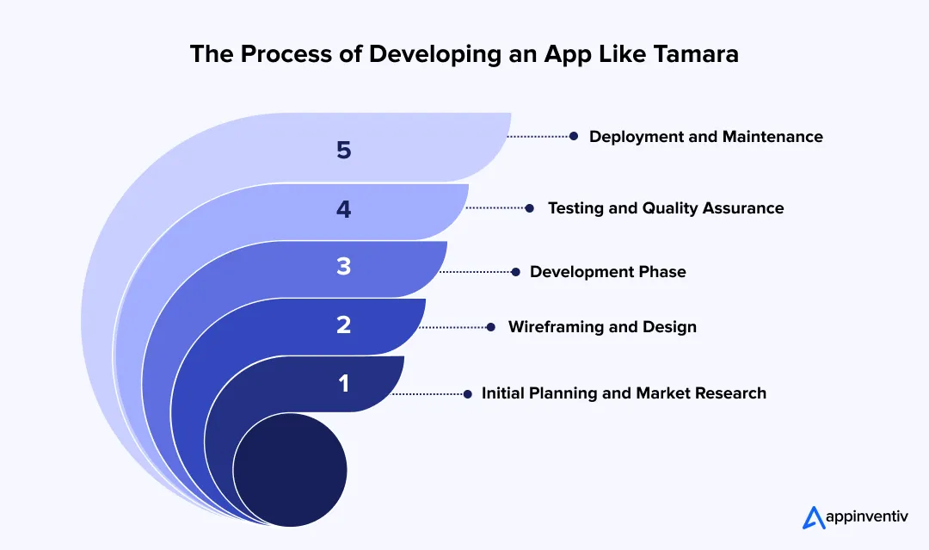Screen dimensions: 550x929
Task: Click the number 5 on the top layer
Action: pyautogui.click(x=344, y=151)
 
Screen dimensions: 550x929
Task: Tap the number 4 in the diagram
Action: pyautogui.click(x=344, y=209)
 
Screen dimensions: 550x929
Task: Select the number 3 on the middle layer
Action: pyautogui.click(x=344, y=267)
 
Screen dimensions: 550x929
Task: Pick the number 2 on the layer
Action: pyautogui.click(x=344, y=325)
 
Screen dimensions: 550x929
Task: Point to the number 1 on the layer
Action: pyautogui.click(x=344, y=383)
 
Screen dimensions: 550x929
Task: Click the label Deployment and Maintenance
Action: pyautogui.click(x=705, y=137)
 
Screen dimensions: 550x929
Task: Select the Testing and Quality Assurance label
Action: pyautogui.click(x=666, y=208)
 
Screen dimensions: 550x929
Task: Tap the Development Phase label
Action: pyautogui.click(x=607, y=272)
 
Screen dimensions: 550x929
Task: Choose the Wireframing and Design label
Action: pyautogui.click(x=602, y=327)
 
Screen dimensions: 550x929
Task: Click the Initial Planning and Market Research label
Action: pyautogui.click(x=624, y=393)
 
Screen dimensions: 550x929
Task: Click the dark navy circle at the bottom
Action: pyautogui.click(x=290, y=471)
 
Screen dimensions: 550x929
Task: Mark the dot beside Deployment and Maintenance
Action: pyautogui.click(x=574, y=136)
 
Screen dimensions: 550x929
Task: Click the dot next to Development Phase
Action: pyautogui.click(x=515, y=272)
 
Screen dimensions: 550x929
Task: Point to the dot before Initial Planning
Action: pyautogui.click(x=467, y=393)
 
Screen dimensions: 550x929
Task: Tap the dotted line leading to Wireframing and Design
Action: pyautogui.click(x=454, y=327)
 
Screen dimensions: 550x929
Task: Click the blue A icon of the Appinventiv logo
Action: pyautogui.click(x=814, y=516)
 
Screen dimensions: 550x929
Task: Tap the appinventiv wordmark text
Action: pyautogui.click(x=868, y=517)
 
